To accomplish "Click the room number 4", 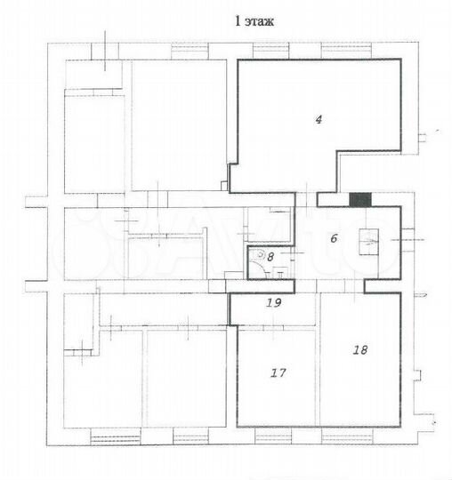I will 318,118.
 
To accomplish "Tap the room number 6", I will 334,237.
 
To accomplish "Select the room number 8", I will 271,256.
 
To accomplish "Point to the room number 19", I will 274,302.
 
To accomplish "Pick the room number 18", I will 360,350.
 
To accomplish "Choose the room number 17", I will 278,373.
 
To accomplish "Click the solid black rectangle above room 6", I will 360,199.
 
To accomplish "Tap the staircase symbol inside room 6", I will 368,240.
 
